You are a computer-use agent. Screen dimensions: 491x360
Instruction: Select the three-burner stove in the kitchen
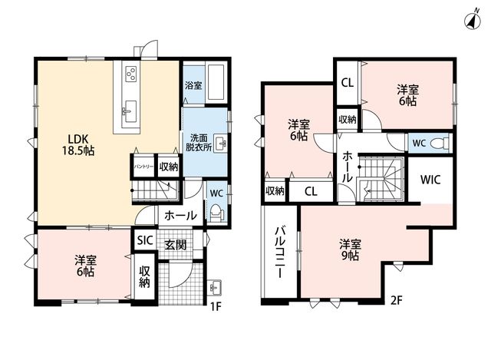(x=130, y=74)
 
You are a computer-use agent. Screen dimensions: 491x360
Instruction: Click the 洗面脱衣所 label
(x=199, y=142)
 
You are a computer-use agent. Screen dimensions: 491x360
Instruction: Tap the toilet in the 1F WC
(x=216, y=214)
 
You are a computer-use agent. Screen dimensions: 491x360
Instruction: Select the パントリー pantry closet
(x=143, y=166)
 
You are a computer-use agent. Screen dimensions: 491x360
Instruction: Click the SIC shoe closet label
(x=145, y=240)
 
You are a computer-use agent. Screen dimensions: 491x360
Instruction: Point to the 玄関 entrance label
(x=176, y=244)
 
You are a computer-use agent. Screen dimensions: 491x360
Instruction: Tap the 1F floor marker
(x=216, y=306)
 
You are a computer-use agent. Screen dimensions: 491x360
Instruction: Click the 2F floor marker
(x=397, y=300)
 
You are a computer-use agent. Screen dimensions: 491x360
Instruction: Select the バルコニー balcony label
(x=280, y=253)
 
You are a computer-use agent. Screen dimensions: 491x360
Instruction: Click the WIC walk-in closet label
(x=430, y=180)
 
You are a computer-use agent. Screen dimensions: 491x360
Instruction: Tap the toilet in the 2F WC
(x=439, y=144)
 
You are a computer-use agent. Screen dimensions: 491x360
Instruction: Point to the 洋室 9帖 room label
(x=351, y=249)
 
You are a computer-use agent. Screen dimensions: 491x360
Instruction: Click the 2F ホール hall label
(x=347, y=167)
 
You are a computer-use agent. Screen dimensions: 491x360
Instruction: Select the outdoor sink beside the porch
(x=215, y=286)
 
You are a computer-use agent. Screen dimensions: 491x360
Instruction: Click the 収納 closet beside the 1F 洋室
(x=144, y=276)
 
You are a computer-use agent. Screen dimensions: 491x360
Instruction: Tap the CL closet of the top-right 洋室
(x=348, y=83)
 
